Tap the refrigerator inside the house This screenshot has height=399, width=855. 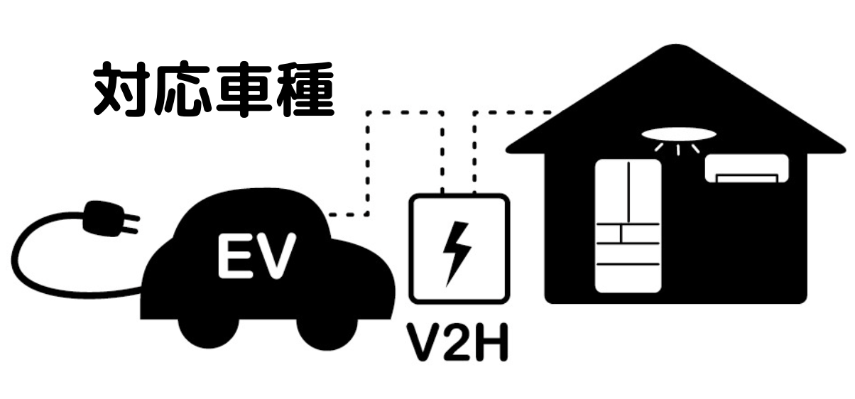pyautogui.click(x=628, y=226)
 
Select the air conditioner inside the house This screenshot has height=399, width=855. pyautogui.click(x=746, y=168)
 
